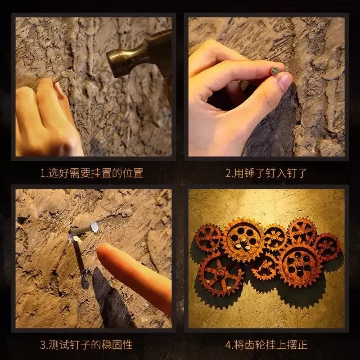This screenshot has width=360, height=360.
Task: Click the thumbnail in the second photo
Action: click(284, 81)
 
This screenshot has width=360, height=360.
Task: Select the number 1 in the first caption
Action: click(42, 172)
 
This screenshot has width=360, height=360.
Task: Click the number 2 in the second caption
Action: click(228, 172)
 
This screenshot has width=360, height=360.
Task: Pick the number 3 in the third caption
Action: click(43, 345)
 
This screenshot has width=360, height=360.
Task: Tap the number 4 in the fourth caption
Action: click(228, 345)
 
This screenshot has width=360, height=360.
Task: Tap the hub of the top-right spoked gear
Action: click(302, 232)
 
